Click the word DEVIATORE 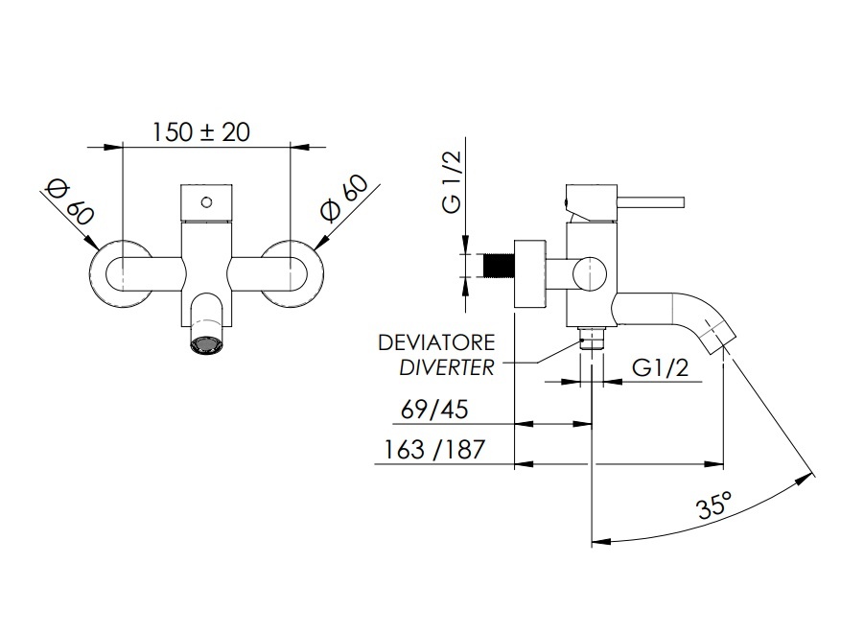pos(436,342)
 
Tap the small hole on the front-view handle pos(206,201)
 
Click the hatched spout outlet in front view pos(206,343)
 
